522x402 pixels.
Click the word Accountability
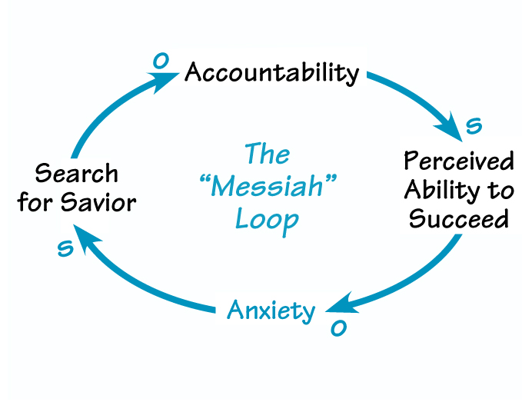click(x=271, y=74)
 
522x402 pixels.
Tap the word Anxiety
click(x=271, y=311)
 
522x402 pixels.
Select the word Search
click(x=77, y=173)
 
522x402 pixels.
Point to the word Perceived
click(x=458, y=162)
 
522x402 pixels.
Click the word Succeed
click(x=458, y=219)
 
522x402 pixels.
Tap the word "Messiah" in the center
click(x=266, y=188)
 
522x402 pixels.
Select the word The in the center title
click(x=267, y=154)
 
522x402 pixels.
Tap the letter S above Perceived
click(x=474, y=124)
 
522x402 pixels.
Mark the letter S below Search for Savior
click(x=66, y=248)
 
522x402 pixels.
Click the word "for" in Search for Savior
click(x=49, y=203)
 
